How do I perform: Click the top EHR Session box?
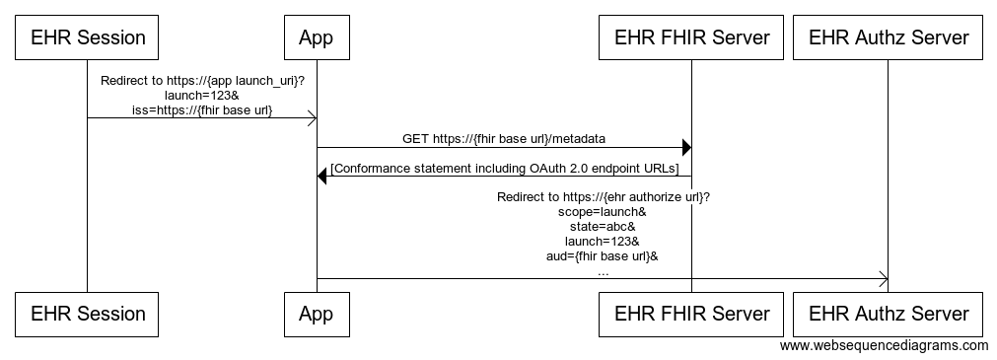(x=87, y=38)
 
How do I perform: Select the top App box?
(x=316, y=38)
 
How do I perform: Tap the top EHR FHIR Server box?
(x=691, y=38)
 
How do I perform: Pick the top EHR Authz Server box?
(x=889, y=38)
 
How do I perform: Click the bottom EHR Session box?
(x=87, y=315)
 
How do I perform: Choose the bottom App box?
(x=316, y=315)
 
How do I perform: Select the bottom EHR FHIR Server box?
(x=691, y=315)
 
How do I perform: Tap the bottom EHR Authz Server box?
(x=889, y=315)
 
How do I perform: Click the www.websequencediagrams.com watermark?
(x=884, y=346)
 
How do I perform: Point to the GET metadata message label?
(x=503, y=139)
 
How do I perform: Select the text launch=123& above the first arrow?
(x=202, y=95)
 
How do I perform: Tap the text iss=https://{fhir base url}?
(x=202, y=109)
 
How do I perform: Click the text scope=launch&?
(x=603, y=212)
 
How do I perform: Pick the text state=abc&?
(x=603, y=227)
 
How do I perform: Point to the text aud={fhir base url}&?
(x=603, y=256)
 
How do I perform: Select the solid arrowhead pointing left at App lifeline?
(x=322, y=177)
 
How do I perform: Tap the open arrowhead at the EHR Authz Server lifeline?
(x=883, y=279)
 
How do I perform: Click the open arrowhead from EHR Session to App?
(x=311, y=118)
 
